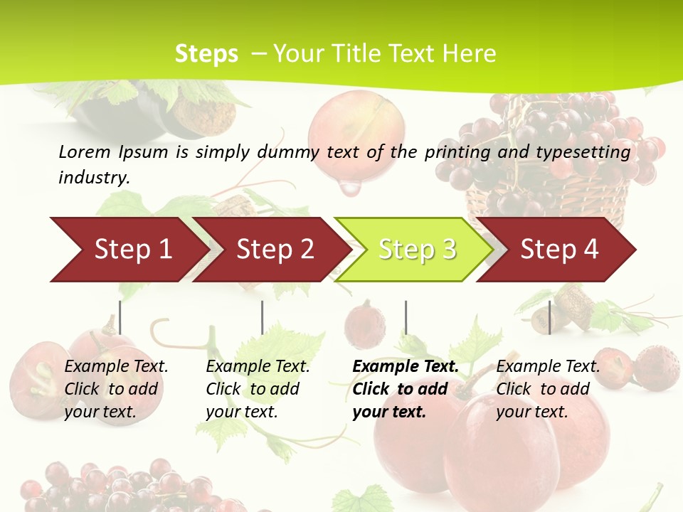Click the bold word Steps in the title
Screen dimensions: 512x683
coord(206,53)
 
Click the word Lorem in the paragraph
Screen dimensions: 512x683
coord(85,151)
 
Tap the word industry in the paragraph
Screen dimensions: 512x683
coord(94,177)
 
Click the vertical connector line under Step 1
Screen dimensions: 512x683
coord(120,317)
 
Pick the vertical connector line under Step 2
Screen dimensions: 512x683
coord(263,317)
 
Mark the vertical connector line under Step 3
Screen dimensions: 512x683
coord(406,317)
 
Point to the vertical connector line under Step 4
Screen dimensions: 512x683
coord(549,317)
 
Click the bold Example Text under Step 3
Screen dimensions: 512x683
coord(406,367)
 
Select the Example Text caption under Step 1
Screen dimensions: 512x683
coord(116,367)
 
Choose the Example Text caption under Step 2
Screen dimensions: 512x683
coord(258,367)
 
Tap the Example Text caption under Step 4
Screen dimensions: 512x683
coord(548,367)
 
